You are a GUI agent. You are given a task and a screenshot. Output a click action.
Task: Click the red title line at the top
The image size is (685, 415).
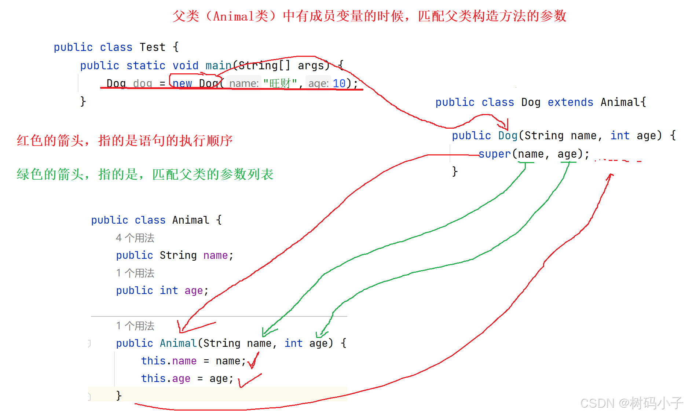370,16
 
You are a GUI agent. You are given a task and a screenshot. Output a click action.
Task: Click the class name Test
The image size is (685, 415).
152,47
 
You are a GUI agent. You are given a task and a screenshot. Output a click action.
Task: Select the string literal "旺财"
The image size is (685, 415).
280,84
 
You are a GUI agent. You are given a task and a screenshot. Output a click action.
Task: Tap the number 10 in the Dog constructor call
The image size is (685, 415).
339,84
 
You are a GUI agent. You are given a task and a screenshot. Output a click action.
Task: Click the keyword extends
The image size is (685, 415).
570,102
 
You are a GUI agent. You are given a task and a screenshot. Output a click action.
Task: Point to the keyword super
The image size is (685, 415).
495,154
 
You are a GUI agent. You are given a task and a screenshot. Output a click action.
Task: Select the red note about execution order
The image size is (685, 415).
125,140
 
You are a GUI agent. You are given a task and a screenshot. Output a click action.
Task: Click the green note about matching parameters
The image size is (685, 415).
145,174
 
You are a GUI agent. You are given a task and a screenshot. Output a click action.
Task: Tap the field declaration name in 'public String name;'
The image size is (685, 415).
215,255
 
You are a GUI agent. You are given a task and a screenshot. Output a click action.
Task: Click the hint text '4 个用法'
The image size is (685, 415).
135,238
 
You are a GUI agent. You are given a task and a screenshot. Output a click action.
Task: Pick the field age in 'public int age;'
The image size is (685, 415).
194,290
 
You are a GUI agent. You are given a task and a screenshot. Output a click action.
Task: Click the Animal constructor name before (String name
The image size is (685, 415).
178,343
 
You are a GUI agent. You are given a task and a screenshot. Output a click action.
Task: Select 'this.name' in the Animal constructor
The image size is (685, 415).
169,361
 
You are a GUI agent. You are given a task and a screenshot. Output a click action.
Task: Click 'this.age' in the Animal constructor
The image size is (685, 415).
166,378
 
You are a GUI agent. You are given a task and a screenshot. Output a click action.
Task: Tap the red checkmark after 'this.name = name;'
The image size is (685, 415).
253,361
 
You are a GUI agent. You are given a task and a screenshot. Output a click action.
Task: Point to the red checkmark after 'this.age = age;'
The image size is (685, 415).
249,381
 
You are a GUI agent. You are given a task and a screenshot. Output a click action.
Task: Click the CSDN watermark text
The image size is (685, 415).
631,403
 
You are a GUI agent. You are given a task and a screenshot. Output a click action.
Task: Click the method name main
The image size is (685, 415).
218,66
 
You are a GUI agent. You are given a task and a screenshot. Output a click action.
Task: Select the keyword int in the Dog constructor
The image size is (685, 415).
620,136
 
